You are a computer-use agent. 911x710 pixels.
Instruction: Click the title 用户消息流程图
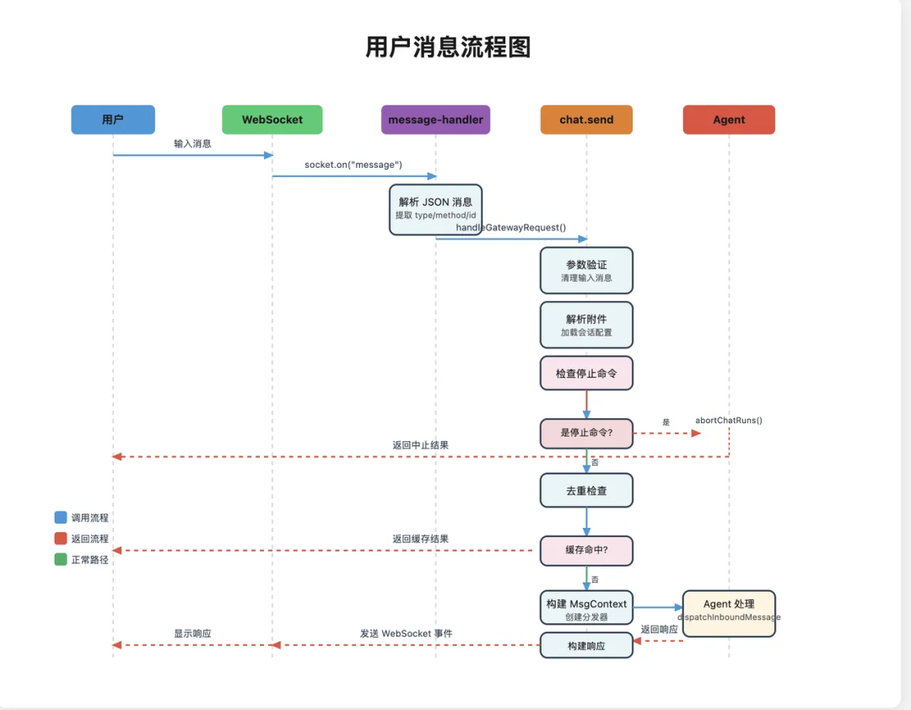(448, 46)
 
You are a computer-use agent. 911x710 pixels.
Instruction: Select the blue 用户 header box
(113, 120)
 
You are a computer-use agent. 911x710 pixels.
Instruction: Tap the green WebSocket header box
(272, 120)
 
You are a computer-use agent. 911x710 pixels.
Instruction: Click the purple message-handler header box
(435, 120)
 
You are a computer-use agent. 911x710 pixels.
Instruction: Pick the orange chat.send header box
(586, 120)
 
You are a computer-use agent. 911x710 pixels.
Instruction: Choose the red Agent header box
(729, 120)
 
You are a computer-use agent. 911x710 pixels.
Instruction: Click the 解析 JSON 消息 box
(435, 207)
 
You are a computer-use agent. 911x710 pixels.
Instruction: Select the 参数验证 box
(586, 270)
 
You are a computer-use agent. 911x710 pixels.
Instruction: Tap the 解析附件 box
(586, 325)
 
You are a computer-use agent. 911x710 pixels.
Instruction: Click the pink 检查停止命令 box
(586, 373)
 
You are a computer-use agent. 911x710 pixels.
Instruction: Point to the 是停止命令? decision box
(586, 433)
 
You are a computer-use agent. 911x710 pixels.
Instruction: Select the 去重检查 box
(586, 490)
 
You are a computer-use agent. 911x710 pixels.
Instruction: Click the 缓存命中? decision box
(586, 550)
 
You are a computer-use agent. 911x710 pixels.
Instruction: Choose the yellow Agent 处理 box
(729, 611)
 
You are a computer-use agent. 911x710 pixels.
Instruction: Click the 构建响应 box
(586, 645)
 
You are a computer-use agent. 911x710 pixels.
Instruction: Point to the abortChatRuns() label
(729, 420)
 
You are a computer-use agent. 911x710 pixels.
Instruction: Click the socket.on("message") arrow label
(353, 164)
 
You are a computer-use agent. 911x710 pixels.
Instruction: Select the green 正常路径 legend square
(61, 559)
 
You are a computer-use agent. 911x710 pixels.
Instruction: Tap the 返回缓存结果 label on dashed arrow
(420, 539)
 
